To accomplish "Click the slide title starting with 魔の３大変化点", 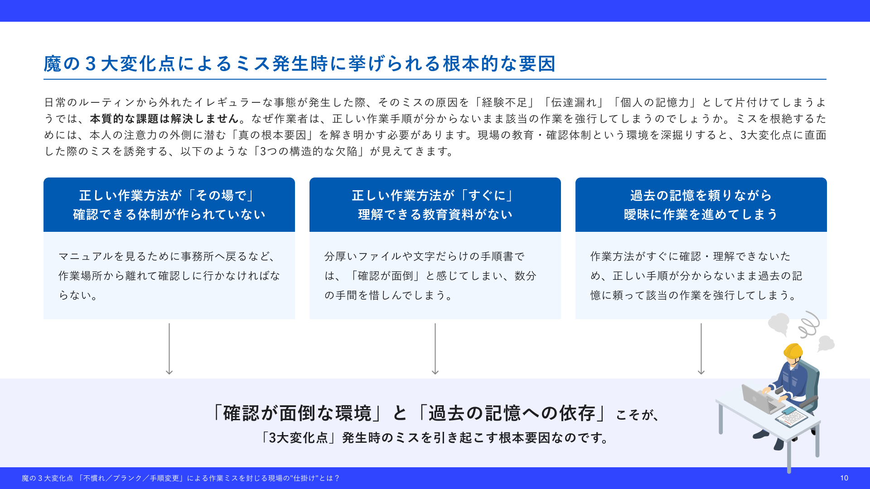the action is [x=300, y=64].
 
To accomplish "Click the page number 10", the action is [x=844, y=478].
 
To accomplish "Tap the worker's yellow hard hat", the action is [x=793, y=350].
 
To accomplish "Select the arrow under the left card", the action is [x=169, y=349].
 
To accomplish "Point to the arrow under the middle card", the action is [x=435, y=349].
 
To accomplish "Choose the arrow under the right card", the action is [x=701, y=349].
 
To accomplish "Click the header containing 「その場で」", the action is [x=169, y=205].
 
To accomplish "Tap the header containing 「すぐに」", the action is [x=435, y=205].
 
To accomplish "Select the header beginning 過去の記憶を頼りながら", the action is [x=701, y=205].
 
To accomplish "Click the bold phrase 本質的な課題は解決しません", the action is [x=164, y=119].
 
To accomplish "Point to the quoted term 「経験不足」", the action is [x=505, y=102].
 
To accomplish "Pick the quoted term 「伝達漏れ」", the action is [x=574, y=102].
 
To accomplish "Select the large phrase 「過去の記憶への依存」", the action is [x=512, y=413].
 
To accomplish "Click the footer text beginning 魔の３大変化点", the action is [x=180, y=478].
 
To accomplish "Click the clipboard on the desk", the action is [x=791, y=416].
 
